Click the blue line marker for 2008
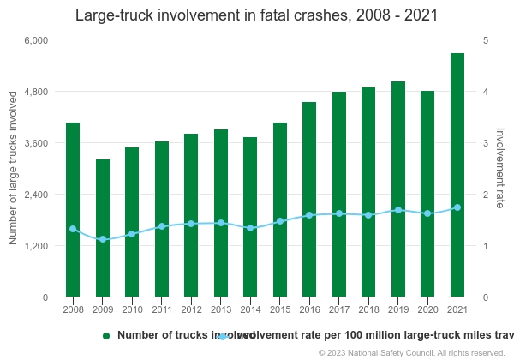pos(73,229)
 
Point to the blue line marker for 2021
pos(457,207)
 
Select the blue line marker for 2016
pos(309,215)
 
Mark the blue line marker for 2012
pos(191,224)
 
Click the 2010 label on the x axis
pos(132,309)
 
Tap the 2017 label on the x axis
pos(338,309)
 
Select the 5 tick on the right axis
pos(486,40)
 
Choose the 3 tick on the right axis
pos(486,143)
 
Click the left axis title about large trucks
pos(13,169)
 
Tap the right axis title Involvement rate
pos(500,168)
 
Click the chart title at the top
pos(257,15)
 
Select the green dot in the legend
pos(106,336)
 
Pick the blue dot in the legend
pos(223,336)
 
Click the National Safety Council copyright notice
pos(411,352)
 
